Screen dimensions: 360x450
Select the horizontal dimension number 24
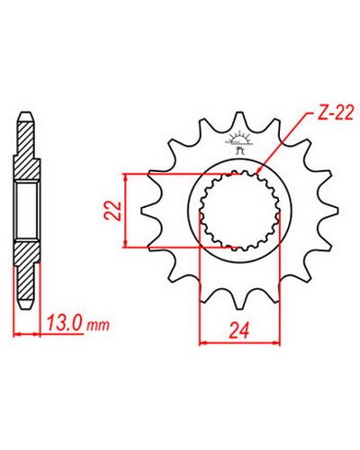pyautogui.click(x=239, y=330)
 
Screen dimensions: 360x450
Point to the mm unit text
pyautogui.click(x=98, y=325)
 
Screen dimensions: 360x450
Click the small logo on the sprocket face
pyautogui.click(x=239, y=142)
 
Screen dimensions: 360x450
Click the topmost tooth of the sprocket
pyautogui.click(x=239, y=118)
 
